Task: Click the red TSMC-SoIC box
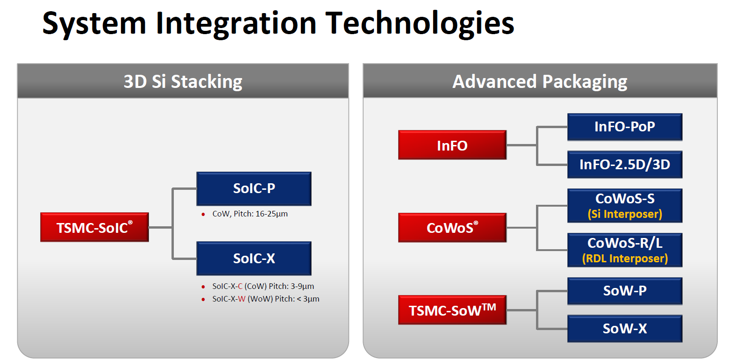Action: click(x=94, y=227)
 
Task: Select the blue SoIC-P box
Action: click(x=254, y=188)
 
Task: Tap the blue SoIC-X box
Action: click(x=254, y=258)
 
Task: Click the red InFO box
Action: click(x=452, y=145)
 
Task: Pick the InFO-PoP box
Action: click(x=624, y=127)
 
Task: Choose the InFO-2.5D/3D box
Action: click(x=624, y=165)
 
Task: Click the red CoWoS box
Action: click(x=452, y=228)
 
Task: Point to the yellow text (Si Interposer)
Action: click(x=624, y=214)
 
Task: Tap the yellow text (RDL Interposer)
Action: click(x=624, y=259)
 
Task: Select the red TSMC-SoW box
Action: click(x=452, y=310)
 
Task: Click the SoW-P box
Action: click(x=624, y=291)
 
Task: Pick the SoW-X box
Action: click(x=624, y=329)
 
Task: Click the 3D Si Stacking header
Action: click(x=183, y=81)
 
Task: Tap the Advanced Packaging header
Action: click(x=540, y=81)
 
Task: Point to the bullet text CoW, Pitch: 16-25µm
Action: click(x=250, y=214)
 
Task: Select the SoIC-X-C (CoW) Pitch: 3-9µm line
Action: click(x=263, y=286)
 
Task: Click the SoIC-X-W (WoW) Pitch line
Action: click(x=265, y=299)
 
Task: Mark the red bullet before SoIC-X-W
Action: click(x=203, y=299)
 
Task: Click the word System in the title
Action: click(x=94, y=23)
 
